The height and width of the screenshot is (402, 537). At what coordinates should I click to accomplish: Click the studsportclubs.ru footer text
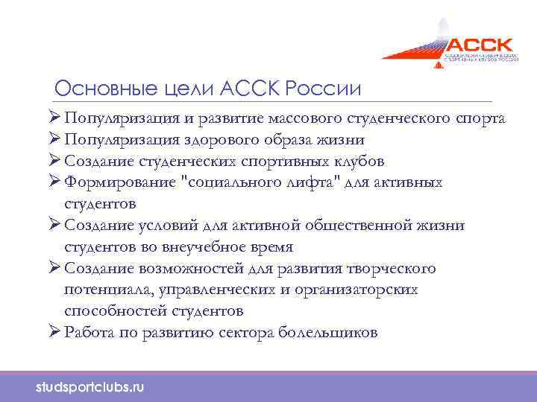click(x=90, y=387)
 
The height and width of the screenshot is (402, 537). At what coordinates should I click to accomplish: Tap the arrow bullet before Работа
click(x=54, y=332)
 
